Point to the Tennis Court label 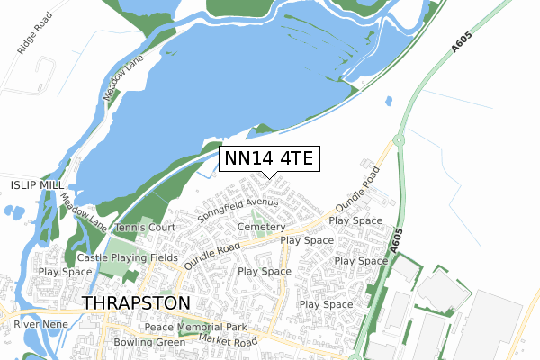click(145, 228)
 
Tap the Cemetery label click(262, 228)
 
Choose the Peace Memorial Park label click(195, 327)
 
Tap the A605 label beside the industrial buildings click(394, 240)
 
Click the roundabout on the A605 click(397, 140)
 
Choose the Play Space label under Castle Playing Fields click(65, 271)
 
